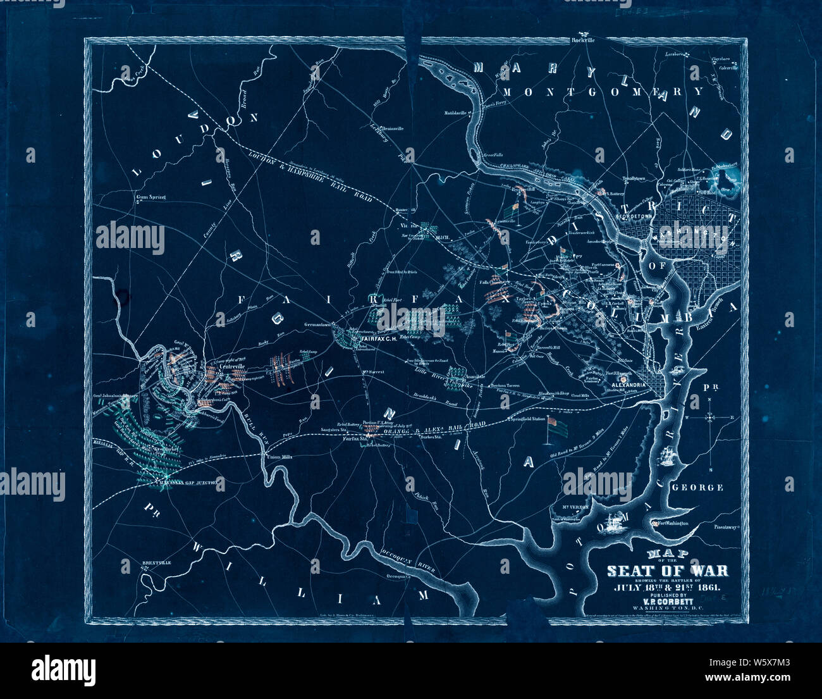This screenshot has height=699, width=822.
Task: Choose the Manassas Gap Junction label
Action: coord(190,482)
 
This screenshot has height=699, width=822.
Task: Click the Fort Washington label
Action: coord(673,523)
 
